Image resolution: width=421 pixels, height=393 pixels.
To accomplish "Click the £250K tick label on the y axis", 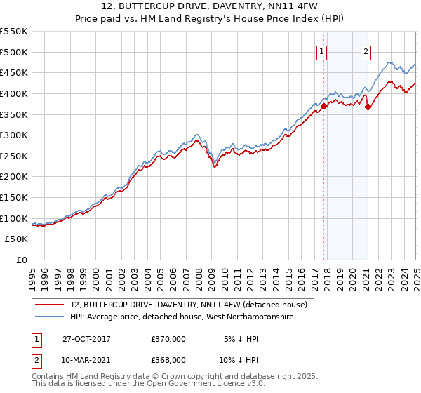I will pos(14,156).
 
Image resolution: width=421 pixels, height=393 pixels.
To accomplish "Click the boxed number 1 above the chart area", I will pos(321,51).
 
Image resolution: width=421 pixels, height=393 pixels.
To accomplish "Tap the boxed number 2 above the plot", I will pos(366,51).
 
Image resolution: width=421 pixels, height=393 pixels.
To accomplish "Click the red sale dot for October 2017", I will pos(324,106).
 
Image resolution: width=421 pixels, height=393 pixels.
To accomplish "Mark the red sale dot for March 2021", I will pos(368,107).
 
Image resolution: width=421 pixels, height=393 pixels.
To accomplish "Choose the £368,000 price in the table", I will pos(168,360).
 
